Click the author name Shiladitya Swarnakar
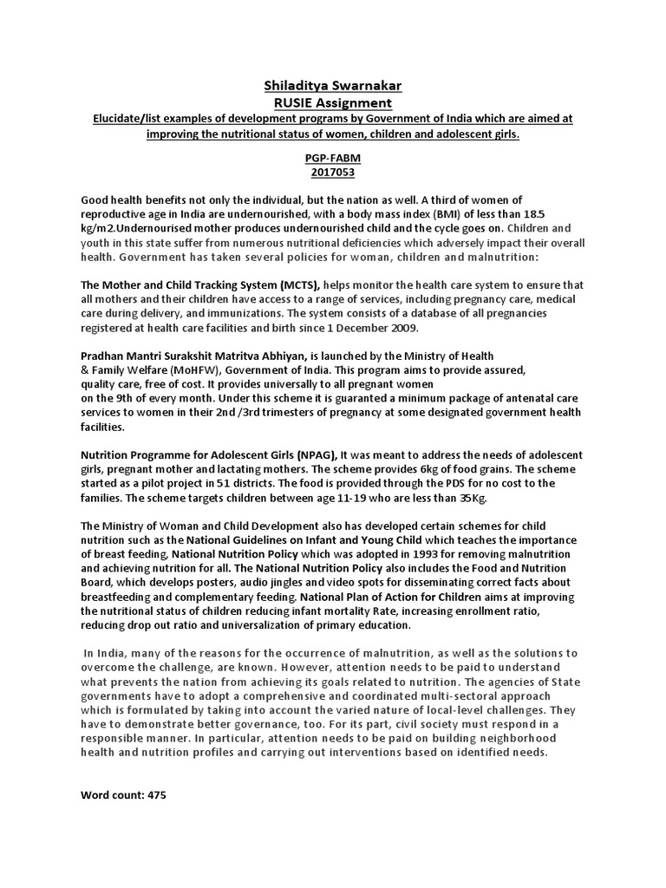coord(333,87)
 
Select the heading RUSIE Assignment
coord(333,103)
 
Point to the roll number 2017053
coord(333,172)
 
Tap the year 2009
coord(403,328)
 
